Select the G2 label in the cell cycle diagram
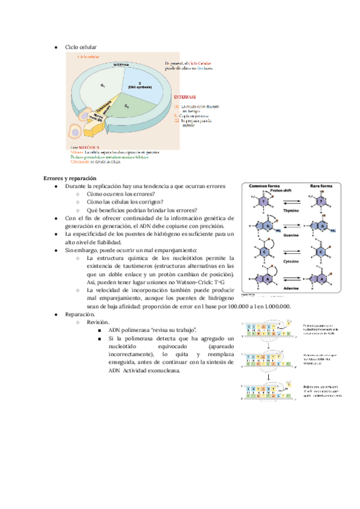[x=127, y=106]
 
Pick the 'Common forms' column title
[x=263, y=186]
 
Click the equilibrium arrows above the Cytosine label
[x=293, y=252]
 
